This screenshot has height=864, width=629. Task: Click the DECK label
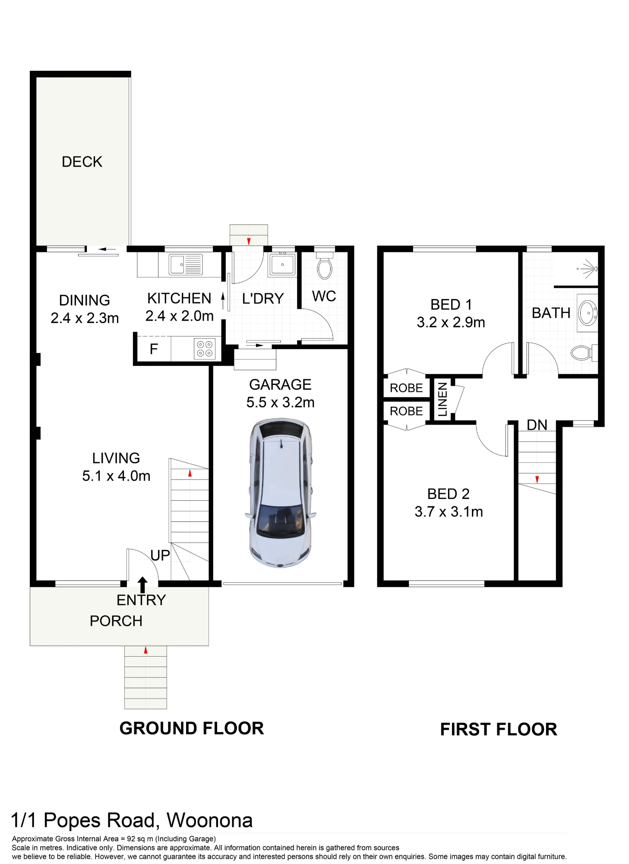coord(82,162)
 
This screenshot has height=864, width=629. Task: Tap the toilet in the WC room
coord(324,266)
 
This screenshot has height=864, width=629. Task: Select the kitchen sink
coord(185,264)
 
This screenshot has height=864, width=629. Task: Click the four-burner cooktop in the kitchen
coord(205,349)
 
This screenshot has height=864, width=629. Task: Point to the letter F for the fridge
coord(154,349)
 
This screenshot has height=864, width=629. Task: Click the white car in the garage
coord(281,492)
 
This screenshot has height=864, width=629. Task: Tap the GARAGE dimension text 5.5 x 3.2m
coord(281,402)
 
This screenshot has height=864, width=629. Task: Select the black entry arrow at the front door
coord(142,585)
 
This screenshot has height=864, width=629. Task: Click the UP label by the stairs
coord(160,555)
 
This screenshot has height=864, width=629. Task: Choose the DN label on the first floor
coord(537,425)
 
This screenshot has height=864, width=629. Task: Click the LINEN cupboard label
coord(443,399)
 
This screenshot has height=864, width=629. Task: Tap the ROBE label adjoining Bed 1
coord(406,388)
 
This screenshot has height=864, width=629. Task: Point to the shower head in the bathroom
coord(588,269)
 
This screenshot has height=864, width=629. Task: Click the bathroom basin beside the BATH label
coord(588,313)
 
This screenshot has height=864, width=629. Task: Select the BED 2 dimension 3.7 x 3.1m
coord(449,512)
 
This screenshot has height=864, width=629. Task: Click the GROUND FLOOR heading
coord(192,728)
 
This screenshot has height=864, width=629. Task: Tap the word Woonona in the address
coord(210,820)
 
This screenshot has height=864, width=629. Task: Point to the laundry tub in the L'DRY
coord(282,264)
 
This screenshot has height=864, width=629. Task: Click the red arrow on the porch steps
coord(145,650)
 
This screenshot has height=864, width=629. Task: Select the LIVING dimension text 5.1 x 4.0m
coord(116,476)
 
